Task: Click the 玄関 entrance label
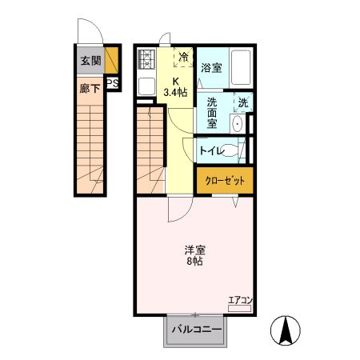click(89, 60)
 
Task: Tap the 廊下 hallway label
click(89, 87)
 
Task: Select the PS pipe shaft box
click(113, 82)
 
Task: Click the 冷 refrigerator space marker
click(184, 58)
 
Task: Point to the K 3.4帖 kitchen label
click(176, 86)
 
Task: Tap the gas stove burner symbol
click(146, 60)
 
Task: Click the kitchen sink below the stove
click(146, 86)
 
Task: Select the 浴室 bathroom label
click(211, 68)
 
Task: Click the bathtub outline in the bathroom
click(239, 68)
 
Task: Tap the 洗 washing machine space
click(242, 102)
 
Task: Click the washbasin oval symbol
click(238, 124)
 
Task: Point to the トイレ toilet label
click(211, 150)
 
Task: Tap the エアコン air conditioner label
click(240, 301)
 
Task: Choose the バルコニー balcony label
click(195, 330)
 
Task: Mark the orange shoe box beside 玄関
click(113, 60)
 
